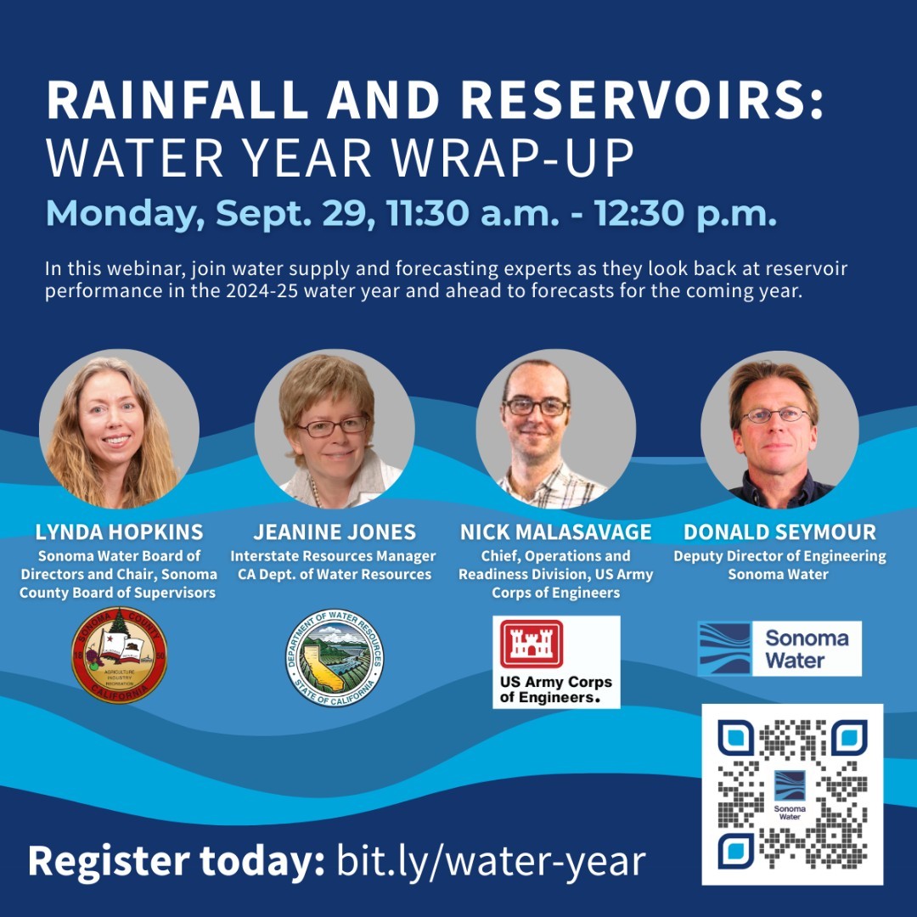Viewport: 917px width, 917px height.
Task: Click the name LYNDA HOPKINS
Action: pyautogui.click(x=119, y=532)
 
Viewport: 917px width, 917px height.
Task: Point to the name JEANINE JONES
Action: pyautogui.click(x=335, y=532)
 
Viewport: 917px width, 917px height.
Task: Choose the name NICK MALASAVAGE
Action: pyautogui.click(x=555, y=532)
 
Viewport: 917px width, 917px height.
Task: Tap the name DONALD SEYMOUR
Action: pyautogui.click(x=779, y=532)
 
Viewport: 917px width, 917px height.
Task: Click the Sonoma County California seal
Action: pyautogui.click(x=119, y=655)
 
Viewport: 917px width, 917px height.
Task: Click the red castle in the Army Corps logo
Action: pyautogui.click(x=532, y=644)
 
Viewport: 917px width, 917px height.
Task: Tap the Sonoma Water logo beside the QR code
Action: pyautogui.click(x=779, y=649)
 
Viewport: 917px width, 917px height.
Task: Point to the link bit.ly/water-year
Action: pyautogui.click(x=491, y=861)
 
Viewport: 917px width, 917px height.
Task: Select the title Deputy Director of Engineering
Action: pyautogui.click(x=779, y=557)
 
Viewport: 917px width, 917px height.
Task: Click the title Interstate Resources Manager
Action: pyautogui.click(x=333, y=557)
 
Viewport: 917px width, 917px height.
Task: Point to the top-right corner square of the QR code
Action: pyautogui.click(x=849, y=738)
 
